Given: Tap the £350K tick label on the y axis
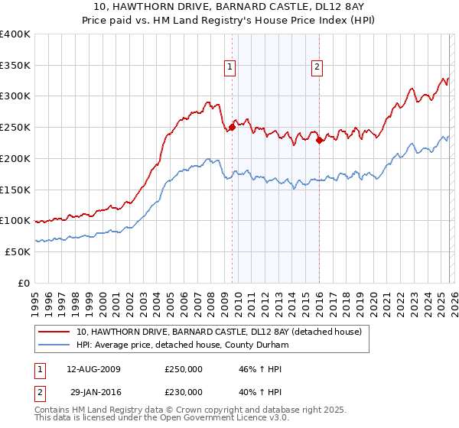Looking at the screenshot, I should pos(15,65).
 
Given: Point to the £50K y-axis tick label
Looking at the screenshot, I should pos(18,251).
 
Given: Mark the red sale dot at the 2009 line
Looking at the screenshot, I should pos(233,128).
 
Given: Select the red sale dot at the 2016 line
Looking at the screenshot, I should pos(320,140).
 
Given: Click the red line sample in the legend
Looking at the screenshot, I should pos(54,332).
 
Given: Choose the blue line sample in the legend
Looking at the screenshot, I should pos(54,345).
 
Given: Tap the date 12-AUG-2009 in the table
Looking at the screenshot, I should pos(94,369).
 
